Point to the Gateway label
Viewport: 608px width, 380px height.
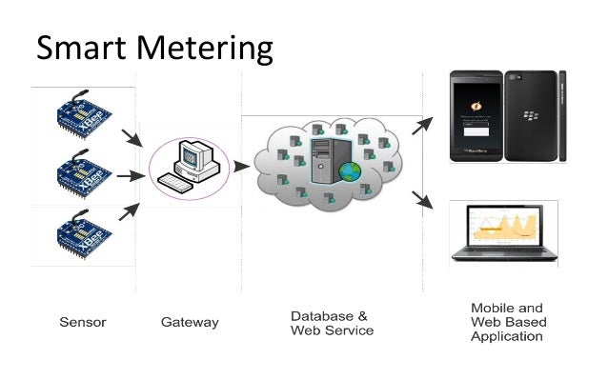coord(190,323)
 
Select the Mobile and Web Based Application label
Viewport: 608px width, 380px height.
coord(507,322)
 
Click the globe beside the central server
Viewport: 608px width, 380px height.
coord(351,172)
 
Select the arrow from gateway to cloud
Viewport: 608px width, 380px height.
coord(241,167)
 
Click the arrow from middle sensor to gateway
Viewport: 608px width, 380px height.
coord(129,176)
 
